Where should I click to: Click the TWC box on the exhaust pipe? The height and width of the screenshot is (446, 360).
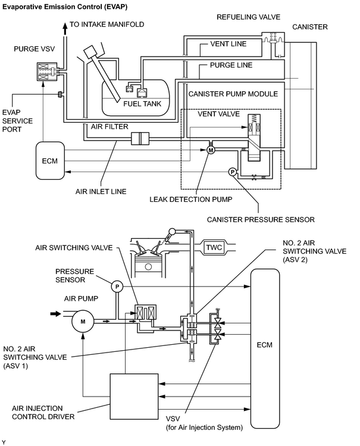coord(214,247)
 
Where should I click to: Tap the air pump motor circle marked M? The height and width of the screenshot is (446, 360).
coord(83,322)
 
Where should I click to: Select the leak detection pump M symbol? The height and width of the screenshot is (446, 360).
coord(211,150)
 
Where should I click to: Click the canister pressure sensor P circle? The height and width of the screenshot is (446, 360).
coord(233,172)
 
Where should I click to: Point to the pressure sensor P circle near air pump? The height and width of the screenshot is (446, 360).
coord(117,286)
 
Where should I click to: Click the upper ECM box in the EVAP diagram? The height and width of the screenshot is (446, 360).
coord(50,161)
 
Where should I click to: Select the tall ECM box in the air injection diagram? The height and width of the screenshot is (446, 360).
coord(265,348)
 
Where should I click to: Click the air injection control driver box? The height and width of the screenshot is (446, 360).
coord(134,397)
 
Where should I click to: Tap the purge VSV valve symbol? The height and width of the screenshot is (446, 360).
coord(47,71)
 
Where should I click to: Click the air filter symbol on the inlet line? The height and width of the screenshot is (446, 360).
coord(140,139)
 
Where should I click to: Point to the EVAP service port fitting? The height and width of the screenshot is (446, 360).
coord(60,94)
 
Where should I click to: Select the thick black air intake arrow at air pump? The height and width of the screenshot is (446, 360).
coord(56,314)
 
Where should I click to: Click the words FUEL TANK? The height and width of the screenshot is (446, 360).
coord(142,104)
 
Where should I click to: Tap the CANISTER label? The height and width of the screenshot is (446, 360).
coord(309,27)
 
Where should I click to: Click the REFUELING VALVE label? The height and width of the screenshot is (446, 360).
coord(248,17)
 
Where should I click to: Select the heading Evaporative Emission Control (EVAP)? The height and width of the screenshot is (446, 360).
coord(65,7)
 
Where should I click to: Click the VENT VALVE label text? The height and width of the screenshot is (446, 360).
coord(219,114)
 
